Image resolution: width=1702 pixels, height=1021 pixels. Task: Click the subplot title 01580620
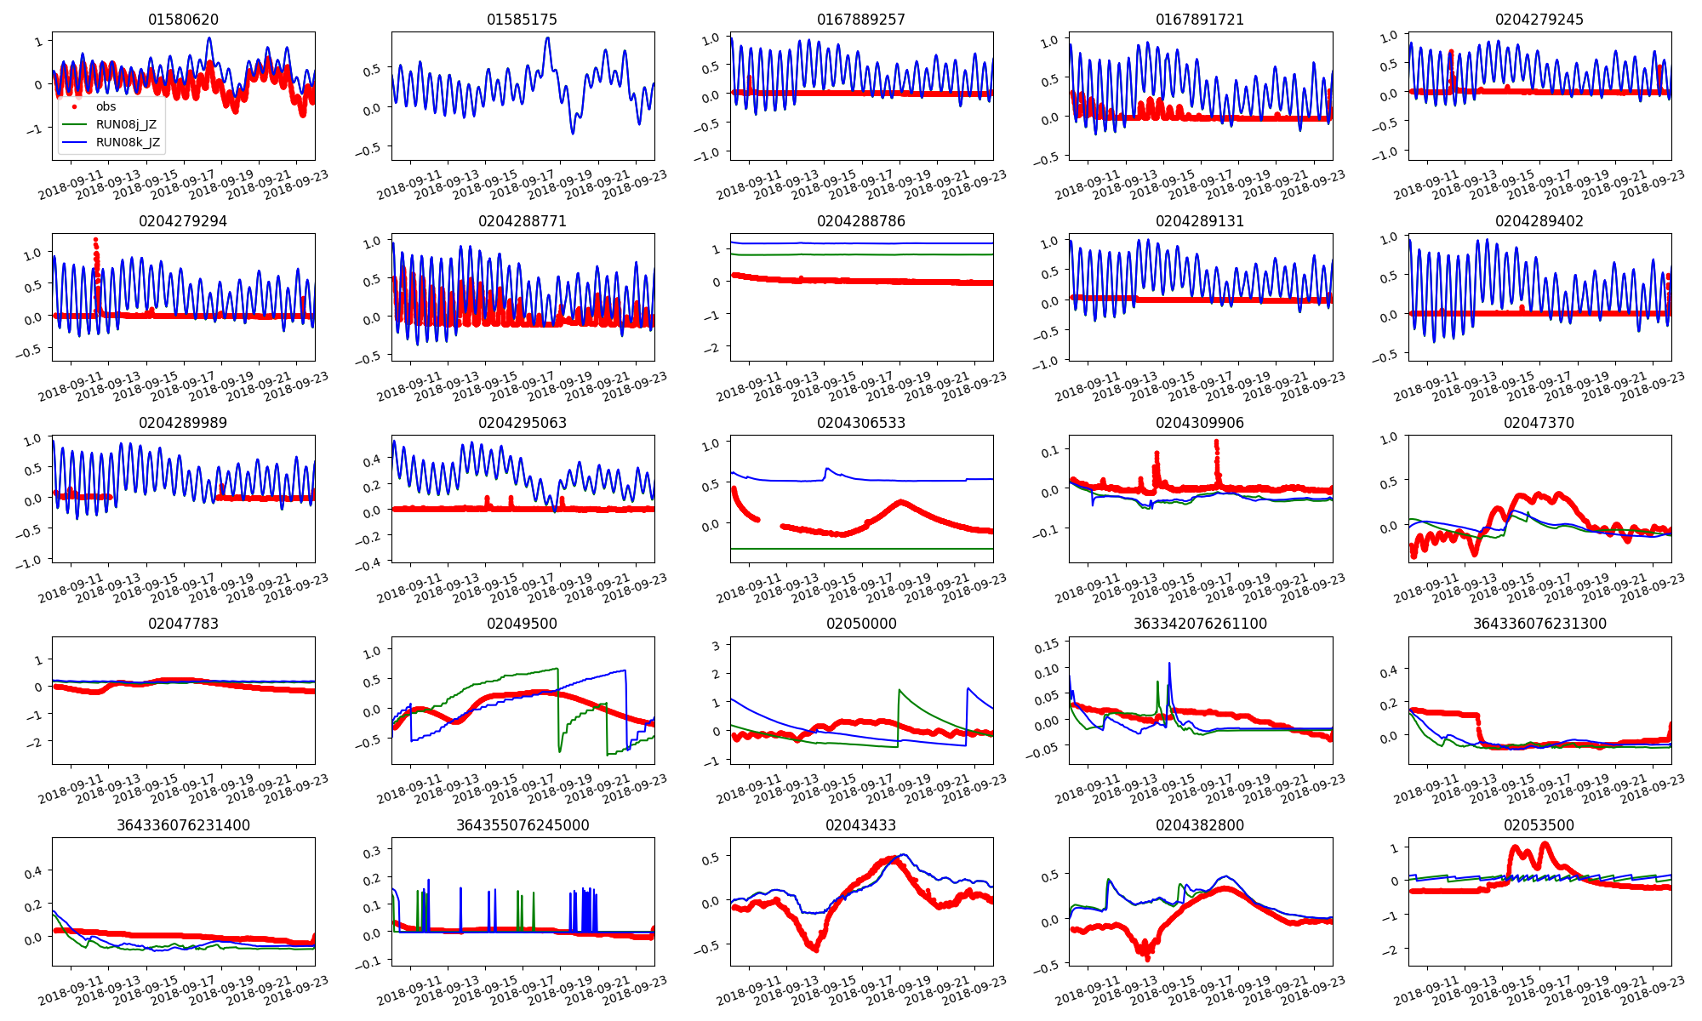(x=183, y=20)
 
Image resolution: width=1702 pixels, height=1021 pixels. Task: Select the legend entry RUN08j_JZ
(x=126, y=124)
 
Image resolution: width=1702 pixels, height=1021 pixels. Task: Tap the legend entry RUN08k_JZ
(x=128, y=142)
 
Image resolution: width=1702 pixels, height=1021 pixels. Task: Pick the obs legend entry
(x=106, y=106)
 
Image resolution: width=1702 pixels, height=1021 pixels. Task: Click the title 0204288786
(x=860, y=221)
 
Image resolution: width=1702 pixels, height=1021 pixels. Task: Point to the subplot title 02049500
(x=522, y=624)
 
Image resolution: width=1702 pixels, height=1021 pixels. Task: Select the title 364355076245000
(x=522, y=825)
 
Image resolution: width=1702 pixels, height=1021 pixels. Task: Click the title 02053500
(x=1539, y=825)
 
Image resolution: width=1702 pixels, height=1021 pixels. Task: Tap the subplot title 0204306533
(x=860, y=423)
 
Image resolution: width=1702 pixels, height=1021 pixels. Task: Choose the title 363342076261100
(x=1200, y=624)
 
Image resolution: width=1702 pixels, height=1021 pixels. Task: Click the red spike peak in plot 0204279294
(x=95, y=240)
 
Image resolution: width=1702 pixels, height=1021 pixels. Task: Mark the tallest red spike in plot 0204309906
(x=1216, y=442)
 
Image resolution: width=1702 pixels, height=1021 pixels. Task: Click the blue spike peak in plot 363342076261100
(x=1169, y=664)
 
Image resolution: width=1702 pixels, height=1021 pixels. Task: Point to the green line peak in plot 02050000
(x=900, y=690)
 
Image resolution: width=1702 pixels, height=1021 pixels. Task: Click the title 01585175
(x=522, y=20)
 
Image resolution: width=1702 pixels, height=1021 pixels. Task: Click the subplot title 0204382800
(x=1200, y=825)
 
